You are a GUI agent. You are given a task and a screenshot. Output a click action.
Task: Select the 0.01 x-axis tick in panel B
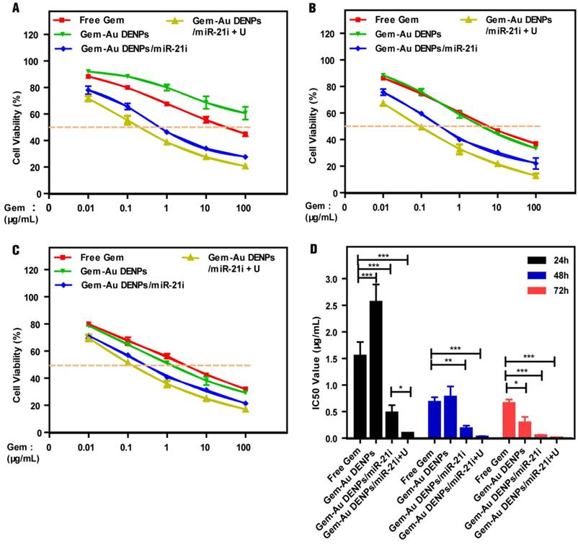click(384, 208)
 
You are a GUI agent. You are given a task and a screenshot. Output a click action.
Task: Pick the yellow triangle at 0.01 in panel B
click(384, 104)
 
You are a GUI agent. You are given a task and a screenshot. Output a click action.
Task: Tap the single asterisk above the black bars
click(401, 386)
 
